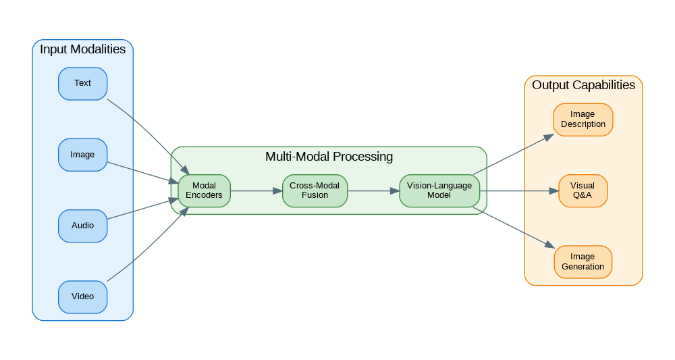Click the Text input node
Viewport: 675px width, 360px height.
[x=82, y=84]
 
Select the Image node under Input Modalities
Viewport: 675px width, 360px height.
[x=82, y=155]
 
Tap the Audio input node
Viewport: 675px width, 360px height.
[x=82, y=226]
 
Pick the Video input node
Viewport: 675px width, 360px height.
[x=82, y=297]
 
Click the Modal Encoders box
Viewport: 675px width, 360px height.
[x=204, y=190]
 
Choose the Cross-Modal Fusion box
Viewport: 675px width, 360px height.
[x=315, y=190]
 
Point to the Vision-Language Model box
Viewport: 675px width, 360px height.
[x=439, y=190]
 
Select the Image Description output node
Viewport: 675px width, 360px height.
[x=583, y=120]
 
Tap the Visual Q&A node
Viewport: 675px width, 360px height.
[x=583, y=190]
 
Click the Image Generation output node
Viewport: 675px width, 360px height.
[x=583, y=262]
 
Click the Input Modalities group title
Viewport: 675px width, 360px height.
[x=82, y=49]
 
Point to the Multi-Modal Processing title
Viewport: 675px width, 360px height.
[x=329, y=157]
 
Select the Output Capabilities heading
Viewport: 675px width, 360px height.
[x=583, y=85]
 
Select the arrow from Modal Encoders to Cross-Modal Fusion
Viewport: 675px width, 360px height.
[x=256, y=191]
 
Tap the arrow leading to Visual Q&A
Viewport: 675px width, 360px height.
[x=519, y=191]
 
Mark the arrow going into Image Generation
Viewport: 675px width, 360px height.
[x=513, y=229]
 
